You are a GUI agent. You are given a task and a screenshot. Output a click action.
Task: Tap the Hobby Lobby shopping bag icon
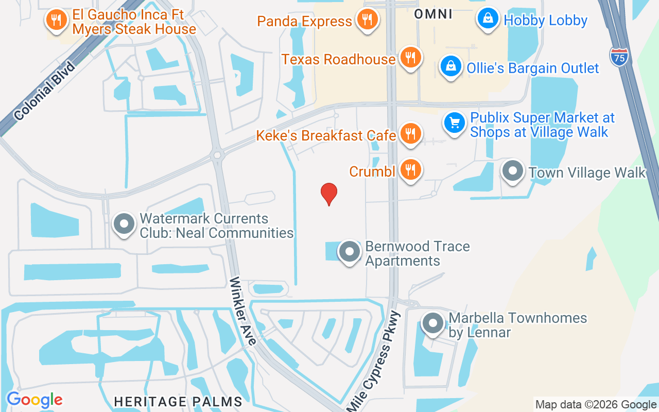(x=488, y=19)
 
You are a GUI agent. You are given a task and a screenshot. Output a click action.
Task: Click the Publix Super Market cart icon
(x=455, y=123)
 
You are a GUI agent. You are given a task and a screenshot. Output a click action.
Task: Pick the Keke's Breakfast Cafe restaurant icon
(x=410, y=133)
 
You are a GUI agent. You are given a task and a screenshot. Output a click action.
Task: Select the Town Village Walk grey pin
(x=513, y=171)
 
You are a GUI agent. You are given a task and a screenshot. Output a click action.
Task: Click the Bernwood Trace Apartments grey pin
(x=350, y=252)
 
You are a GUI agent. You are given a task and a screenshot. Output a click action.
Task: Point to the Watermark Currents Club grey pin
(x=124, y=225)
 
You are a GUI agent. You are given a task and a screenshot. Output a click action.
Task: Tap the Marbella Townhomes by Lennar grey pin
(x=433, y=323)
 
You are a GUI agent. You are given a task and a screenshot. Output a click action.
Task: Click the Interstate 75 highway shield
(x=619, y=56)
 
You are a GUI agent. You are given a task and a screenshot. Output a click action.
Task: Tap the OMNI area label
(x=433, y=14)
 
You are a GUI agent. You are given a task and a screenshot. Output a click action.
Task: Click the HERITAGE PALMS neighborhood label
(x=178, y=401)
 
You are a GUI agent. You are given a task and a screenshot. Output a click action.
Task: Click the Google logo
(x=34, y=400)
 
